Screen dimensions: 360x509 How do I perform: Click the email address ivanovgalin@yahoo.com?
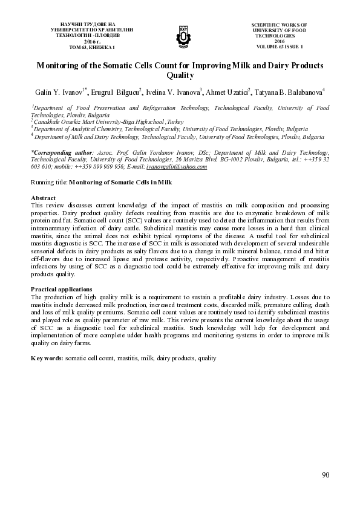click(177, 166)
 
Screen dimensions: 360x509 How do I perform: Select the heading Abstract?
click(43, 198)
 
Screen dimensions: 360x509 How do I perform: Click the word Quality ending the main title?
click(180, 76)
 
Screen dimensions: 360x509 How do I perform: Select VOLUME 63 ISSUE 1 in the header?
click(279, 47)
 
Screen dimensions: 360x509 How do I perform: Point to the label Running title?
click(49, 181)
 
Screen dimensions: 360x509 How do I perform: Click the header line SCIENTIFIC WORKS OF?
click(279, 23)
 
